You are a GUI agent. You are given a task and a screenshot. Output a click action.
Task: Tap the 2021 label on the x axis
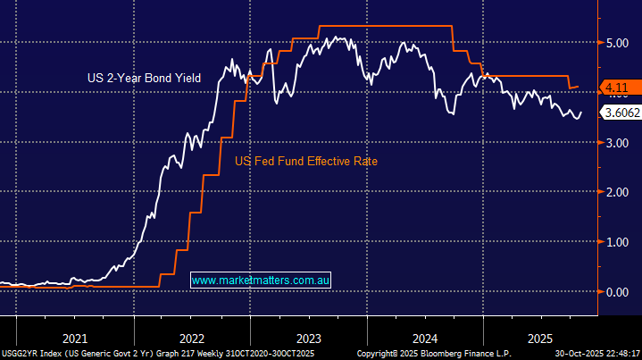click(74, 339)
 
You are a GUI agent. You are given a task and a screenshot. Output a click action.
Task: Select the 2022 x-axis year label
click(191, 339)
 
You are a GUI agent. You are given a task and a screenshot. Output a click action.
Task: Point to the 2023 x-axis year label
click(308, 339)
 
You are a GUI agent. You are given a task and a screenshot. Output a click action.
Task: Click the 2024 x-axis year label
click(425, 339)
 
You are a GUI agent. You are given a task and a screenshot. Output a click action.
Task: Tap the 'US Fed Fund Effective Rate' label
click(305, 162)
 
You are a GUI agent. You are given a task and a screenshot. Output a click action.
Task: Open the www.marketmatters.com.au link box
click(262, 280)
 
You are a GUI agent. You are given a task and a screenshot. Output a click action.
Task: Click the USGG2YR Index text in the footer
click(30, 354)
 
